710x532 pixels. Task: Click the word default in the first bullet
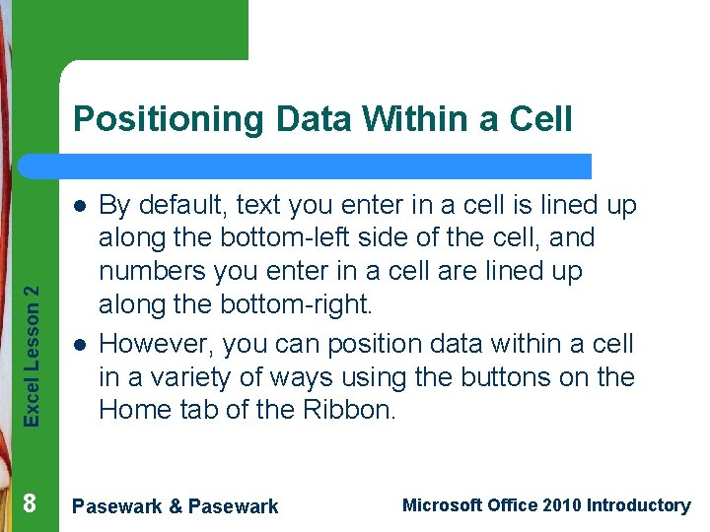pos(182,205)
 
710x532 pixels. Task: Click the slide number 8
pos(30,504)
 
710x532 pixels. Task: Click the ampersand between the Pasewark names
pos(175,506)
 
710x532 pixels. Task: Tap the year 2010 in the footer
pos(560,505)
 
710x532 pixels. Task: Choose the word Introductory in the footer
pos(638,505)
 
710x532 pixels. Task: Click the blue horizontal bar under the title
pos(325,166)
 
